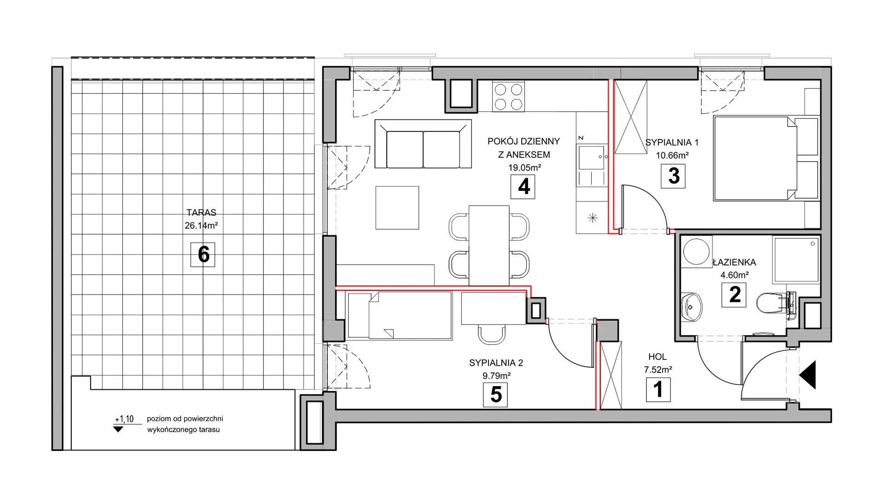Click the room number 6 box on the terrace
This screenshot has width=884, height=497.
coord(203,254)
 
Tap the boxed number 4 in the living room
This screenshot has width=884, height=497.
coord(523,187)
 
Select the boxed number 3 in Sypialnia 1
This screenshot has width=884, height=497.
coord(673,176)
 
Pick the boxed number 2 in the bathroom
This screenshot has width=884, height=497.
coord(734,295)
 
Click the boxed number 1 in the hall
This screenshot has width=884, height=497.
coord(658,389)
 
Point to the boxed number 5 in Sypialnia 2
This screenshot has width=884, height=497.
coord(495,395)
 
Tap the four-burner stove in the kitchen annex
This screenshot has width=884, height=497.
coord(509,96)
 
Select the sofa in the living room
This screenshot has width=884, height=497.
coord(423,144)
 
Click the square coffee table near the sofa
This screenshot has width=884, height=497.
coord(397,208)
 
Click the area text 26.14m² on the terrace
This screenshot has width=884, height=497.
coord(201,226)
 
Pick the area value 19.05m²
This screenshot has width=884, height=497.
coord(524,168)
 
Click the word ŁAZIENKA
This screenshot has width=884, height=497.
coord(734,262)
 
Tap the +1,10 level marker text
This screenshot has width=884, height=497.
coord(124,419)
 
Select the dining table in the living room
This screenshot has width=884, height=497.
coord(489,245)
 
